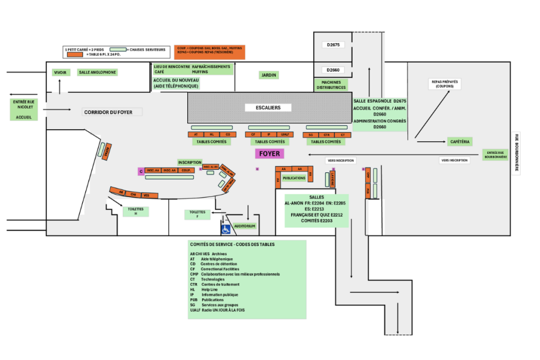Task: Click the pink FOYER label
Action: [269, 153]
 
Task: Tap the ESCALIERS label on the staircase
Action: [269, 108]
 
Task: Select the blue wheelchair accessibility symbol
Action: [226, 229]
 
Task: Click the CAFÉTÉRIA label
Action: [460, 141]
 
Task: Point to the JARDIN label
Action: [269, 75]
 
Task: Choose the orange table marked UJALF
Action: [284, 134]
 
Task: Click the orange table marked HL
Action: [211, 134]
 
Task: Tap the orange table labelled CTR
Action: [326, 135]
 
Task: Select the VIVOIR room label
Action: [60, 72]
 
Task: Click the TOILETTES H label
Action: [136, 211]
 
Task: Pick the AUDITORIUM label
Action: [245, 226]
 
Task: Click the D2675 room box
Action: [333, 45]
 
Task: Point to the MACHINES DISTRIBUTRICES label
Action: [331, 84]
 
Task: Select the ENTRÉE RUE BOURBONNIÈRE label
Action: [495, 154]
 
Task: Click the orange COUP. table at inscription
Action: [186, 170]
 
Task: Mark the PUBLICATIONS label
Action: [294, 178]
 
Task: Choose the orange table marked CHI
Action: [134, 194]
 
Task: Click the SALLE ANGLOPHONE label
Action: [97, 72]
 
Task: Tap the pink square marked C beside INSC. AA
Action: [141, 171]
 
